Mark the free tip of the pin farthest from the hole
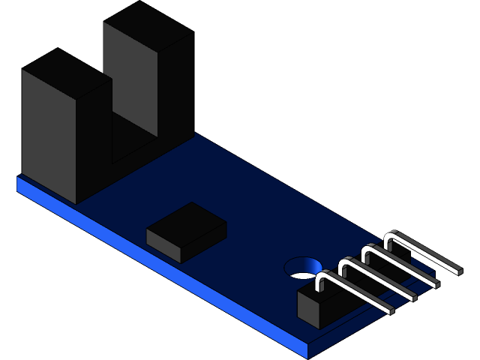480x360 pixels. click(457, 268)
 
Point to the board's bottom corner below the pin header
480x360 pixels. click(308, 353)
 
